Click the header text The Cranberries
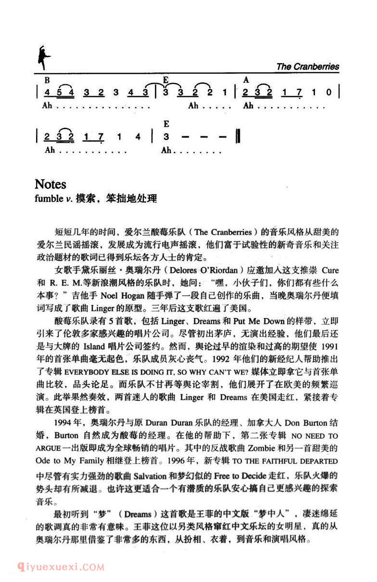(x=307, y=66)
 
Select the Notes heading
(x=50, y=184)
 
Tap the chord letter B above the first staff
(x=47, y=80)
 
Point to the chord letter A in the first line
(x=246, y=80)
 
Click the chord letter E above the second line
(x=166, y=124)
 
